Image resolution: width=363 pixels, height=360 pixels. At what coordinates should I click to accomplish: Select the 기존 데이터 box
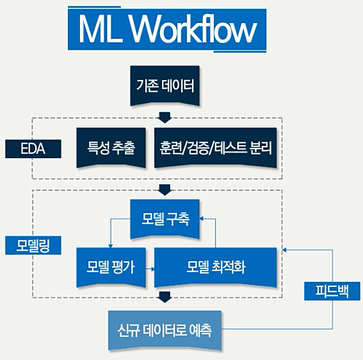pyautogui.click(x=165, y=86)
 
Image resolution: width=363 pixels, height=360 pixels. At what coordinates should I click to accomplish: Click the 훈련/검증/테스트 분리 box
pyautogui.click(x=217, y=149)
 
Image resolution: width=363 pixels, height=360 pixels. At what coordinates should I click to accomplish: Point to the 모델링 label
pyautogui.click(x=31, y=245)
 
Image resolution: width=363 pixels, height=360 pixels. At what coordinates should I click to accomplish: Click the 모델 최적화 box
pyautogui.click(x=217, y=265)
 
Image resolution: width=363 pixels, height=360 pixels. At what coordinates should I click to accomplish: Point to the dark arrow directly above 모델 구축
pyautogui.click(x=165, y=189)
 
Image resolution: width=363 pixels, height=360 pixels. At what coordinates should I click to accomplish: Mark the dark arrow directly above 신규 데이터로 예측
pyautogui.click(x=165, y=297)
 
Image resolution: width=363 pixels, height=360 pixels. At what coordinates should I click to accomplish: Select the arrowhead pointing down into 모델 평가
pyautogui.click(x=110, y=244)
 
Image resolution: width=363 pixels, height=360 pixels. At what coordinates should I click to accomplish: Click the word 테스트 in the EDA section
pyautogui.click(x=238, y=149)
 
